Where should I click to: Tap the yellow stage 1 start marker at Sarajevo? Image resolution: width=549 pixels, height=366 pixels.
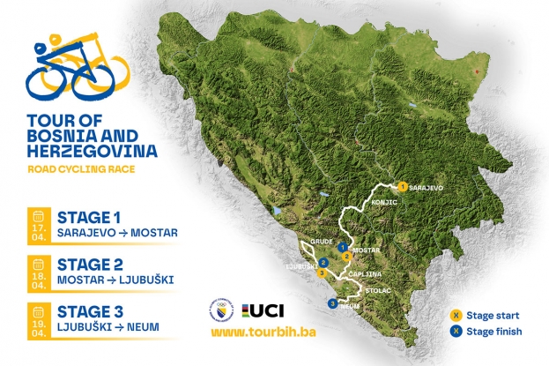(x=402, y=187)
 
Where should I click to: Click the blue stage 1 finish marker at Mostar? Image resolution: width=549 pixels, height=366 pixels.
(x=341, y=248)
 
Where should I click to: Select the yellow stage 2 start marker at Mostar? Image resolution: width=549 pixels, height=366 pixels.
(x=347, y=256)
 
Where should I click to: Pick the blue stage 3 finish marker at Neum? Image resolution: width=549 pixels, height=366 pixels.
(x=331, y=303)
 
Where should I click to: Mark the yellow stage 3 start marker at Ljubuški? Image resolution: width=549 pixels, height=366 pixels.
(x=323, y=273)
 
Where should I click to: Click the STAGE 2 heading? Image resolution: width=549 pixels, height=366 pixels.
(x=88, y=263)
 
